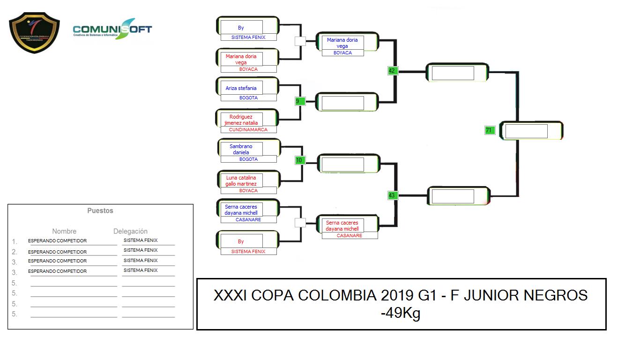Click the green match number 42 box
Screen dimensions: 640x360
(393, 71)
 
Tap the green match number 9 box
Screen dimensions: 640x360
(300, 101)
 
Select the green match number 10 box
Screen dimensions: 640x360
(300, 160)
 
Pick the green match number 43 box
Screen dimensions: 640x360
(393, 195)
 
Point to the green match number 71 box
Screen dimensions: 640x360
(490, 130)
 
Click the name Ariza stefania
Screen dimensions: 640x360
(241, 88)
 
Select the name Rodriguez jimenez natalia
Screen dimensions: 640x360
(241, 120)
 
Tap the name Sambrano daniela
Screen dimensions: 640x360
(241, 149)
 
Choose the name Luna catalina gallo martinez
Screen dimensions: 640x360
(241, 181)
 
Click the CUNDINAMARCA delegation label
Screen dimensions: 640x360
(248, 129)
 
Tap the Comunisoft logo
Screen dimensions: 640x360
(112, 29)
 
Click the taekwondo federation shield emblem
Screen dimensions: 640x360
(34, 32)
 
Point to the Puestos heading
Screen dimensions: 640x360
(100, 211)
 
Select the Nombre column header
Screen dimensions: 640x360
(64, 231)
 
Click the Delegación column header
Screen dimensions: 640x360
(130, 231)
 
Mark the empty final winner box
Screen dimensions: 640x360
(526, 131)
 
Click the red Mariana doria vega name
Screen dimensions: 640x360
(241, 59)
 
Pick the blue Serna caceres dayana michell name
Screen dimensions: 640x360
(241, 210)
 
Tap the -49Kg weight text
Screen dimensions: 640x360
(400, 313)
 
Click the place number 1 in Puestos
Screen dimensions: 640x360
(14, 241)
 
